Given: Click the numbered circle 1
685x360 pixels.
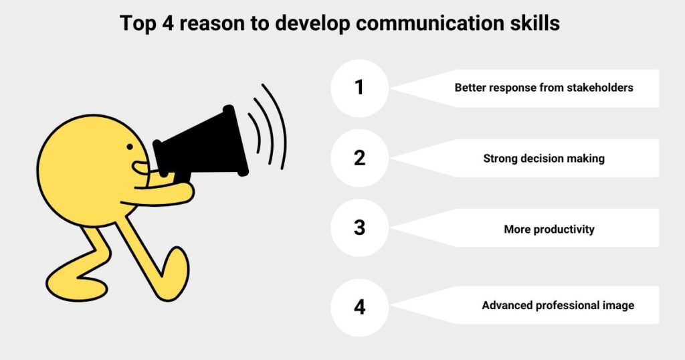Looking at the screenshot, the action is point(359,88).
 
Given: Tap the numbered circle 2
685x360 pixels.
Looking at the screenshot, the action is point(359,158).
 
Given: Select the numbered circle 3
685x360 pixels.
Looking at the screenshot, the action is point(359,228).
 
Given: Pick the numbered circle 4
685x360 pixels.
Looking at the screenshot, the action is point(359,307).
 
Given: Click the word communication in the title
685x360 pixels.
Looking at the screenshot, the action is point(430,23).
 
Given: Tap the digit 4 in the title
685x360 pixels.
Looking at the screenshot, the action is point(168,23).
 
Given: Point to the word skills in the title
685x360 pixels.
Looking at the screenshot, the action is point(534,23).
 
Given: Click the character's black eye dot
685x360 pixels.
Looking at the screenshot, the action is point(130,147).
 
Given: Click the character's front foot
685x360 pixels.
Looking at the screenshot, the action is point(175,273).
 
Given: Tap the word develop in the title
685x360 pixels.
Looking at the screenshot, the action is point(312,24).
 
